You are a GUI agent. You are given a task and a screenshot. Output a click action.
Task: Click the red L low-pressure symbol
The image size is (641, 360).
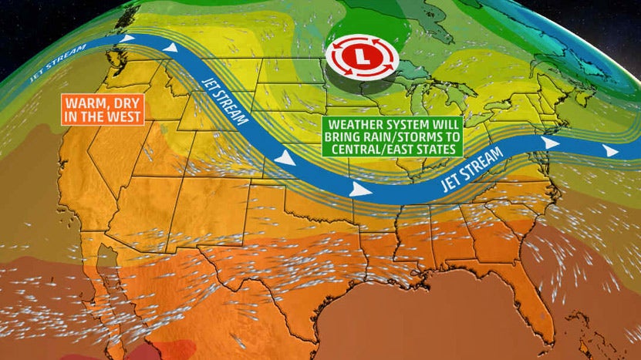point(362,58)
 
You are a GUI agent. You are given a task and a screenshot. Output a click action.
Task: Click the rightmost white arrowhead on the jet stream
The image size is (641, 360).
point(611,151)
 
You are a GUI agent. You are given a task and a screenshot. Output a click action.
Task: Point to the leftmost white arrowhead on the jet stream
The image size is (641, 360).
point(129,37)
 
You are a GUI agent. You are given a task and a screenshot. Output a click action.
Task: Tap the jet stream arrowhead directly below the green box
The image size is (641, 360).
point(357,190)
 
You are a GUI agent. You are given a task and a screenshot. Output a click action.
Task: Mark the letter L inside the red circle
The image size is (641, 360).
point(362,58)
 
